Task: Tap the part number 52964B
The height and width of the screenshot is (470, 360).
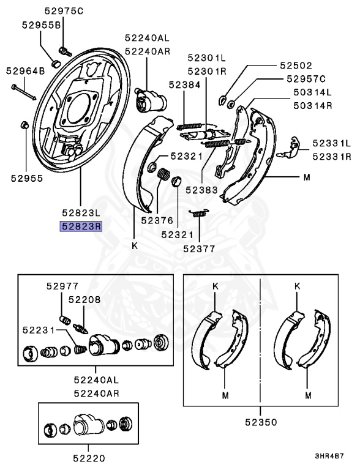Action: click(26, 72)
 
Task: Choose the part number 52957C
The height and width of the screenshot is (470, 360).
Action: click(306, 79)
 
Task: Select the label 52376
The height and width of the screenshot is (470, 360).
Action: click(157, 220)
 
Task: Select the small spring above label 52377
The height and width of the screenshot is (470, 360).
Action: click(197, 214)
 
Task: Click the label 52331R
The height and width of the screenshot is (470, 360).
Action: click(332, 157)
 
